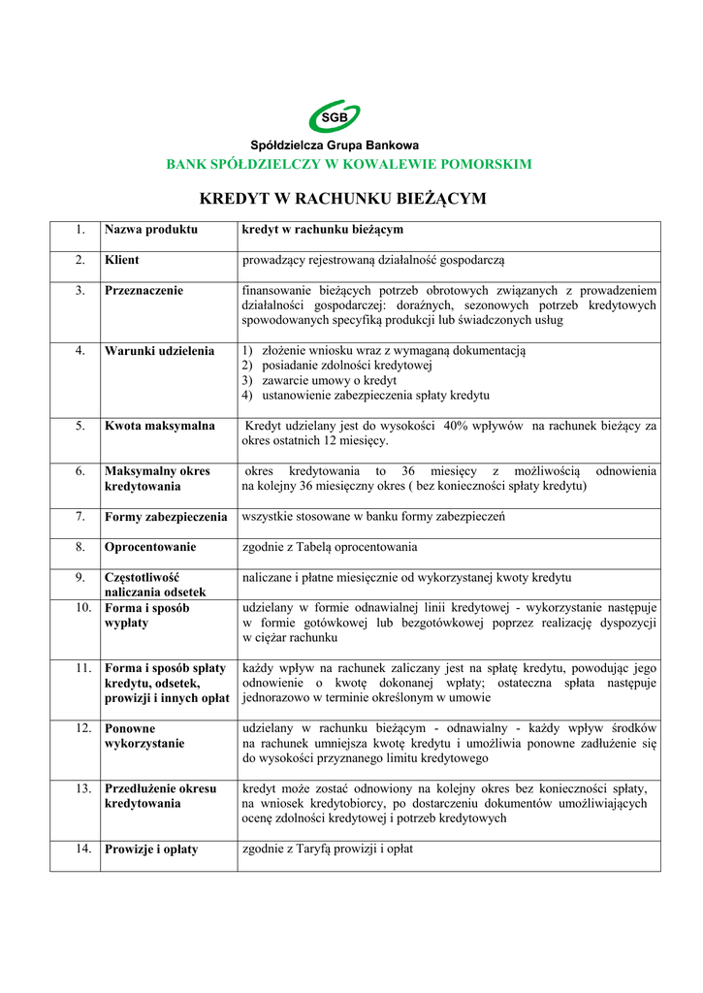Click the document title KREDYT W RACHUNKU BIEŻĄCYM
pyautogui.click(x=342, y=199)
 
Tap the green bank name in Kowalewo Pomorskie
pyautogui.click(x=349, y=164)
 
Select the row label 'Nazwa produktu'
pyautogui.click(x=150, y=230)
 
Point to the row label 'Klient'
pyautogui.click(x=121, y=260)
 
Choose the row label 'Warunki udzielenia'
pyautogui.click(x=159, y=350)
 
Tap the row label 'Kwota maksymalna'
pyautogui.click(x=159, y=425)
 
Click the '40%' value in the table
pyautogui.click(x=458, y=425)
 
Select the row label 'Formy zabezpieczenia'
pyautogui.click(x=166, y=517)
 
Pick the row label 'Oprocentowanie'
pyautogui.click(x=150, y=547)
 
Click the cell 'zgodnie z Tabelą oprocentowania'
pyautogui.click(x=330, y=547)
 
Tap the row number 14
pyautogui.click(x=83, y=849)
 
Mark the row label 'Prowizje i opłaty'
pyautogui.click(x=151, y=849)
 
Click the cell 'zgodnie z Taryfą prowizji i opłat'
pyautogui.click(x=328, y=849)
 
